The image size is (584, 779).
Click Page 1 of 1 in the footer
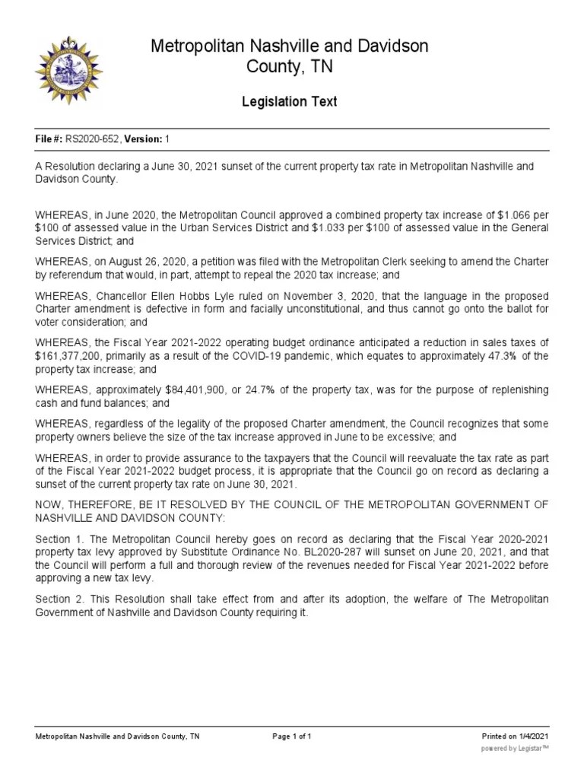(291, 736)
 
